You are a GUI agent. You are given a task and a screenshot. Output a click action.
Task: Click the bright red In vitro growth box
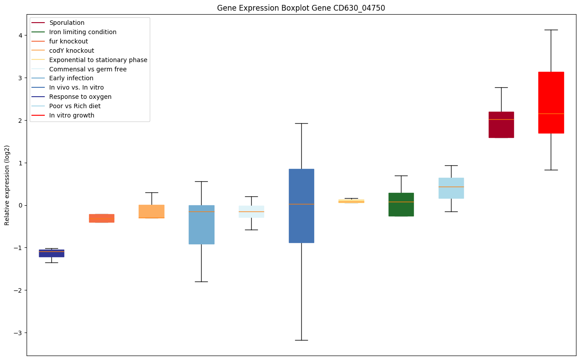click(551, 102)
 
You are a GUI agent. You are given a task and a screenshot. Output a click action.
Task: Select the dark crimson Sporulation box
click(501, 125)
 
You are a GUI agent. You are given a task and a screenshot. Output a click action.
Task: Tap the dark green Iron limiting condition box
click(401, 204)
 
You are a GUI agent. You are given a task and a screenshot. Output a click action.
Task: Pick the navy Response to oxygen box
click(51, 253)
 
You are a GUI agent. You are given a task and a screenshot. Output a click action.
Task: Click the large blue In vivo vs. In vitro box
click(301, 206)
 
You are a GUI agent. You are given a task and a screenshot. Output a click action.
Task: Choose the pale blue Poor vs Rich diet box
click(451, 188)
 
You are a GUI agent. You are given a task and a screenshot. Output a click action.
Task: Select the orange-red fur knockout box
click(101, 218)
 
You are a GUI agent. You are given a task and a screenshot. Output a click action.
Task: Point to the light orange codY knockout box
click(152, 211)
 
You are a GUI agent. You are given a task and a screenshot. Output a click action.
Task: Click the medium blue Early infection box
click(202, 224)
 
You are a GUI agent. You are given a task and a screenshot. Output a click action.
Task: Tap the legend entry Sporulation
click(67, 23)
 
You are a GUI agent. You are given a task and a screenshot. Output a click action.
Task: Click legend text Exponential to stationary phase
click(98, 60)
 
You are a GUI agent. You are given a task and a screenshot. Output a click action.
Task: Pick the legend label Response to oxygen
click(80, 97)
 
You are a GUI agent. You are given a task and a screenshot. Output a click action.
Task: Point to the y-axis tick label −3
click(19, 333)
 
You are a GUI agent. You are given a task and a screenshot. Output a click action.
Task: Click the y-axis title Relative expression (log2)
click(7, 185)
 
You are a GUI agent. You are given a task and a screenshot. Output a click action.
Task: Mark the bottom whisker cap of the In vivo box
click(301, 340)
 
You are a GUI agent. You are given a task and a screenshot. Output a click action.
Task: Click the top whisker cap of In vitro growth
click(551, 30)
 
